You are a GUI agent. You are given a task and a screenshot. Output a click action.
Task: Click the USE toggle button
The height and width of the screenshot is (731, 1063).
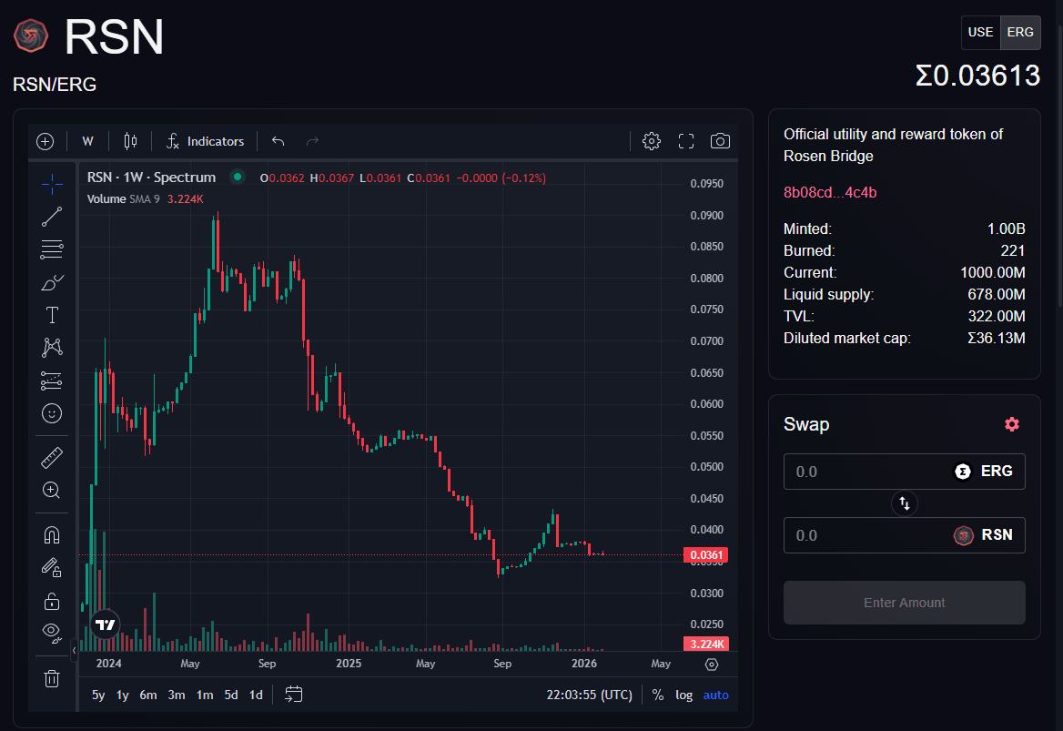[980, 32]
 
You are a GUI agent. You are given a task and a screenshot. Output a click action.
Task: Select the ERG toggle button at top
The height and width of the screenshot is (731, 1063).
[1020, 32]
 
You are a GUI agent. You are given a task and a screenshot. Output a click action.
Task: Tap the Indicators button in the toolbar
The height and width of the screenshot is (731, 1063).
[206, 141]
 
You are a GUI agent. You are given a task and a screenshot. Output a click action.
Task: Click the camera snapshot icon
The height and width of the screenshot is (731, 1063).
[720, 141]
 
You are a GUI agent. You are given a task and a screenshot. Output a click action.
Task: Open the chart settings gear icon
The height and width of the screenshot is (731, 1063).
[651, 141]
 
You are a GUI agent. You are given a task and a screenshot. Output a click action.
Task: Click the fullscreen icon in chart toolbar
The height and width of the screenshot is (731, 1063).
[686, 141]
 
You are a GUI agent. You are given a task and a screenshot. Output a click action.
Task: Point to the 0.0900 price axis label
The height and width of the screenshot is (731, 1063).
[706, 216]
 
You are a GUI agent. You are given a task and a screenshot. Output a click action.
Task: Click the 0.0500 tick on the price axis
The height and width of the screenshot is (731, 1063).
[706, 467]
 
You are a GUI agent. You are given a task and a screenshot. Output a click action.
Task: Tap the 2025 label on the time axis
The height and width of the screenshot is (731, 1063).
[349, 664]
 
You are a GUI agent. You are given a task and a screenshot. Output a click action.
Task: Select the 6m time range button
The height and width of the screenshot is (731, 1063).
[148, 695]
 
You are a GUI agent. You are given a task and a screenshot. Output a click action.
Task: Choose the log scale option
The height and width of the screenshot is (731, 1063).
[683, 695]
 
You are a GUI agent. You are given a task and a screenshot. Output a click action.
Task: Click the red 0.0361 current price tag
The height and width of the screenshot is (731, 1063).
[706, 555]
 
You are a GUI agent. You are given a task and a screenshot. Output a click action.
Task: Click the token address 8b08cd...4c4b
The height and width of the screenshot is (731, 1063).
[830, 192]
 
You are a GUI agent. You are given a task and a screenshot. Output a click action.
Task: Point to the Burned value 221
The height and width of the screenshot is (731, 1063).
[1012, 250]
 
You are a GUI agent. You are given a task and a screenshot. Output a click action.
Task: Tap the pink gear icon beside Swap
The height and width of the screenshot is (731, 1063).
[1012, 424]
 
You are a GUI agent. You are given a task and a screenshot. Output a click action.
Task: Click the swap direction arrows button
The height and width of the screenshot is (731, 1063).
[905, 503]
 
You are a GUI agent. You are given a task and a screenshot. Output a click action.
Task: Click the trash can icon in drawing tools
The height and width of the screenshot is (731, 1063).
[52, 678]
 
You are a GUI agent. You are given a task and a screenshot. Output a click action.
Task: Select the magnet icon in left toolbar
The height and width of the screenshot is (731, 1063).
[52, 535]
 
